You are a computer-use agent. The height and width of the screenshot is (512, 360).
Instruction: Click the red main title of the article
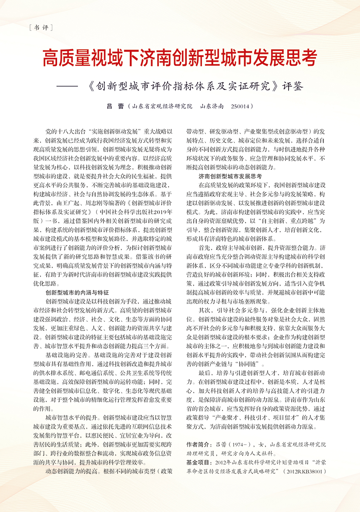[x=180, y=58]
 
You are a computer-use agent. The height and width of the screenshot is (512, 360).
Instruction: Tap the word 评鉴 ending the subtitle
[x=292, y=85]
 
